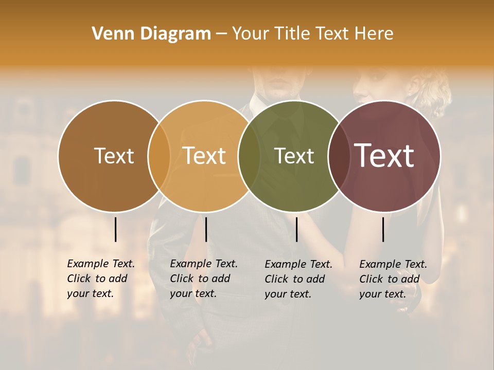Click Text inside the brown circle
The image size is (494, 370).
click(x=114, y=156)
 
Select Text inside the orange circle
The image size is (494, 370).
click(x=204, y=156)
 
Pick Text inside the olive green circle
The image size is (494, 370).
click(x=294, y=156)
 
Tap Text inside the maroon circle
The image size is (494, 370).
click(x=384, y=156)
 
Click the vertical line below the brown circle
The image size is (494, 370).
click(x=115, y=229)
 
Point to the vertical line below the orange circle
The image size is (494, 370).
click(x=206, y=229)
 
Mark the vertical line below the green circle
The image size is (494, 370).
click(x=297, y=229)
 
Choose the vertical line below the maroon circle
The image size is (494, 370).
click(x=383, y=229)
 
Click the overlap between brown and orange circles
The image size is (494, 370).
click(x=159, y=156)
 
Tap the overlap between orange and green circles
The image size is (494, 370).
click(x=249, y=156)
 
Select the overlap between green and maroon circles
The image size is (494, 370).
click(x=338, y=156)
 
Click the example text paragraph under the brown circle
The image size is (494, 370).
click(x=100, y=279)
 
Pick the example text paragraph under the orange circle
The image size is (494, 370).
click(x=203, y=279)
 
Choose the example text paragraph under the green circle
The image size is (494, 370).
click(x=298, y=279)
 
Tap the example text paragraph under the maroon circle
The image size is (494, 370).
click(x=393, y=279)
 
